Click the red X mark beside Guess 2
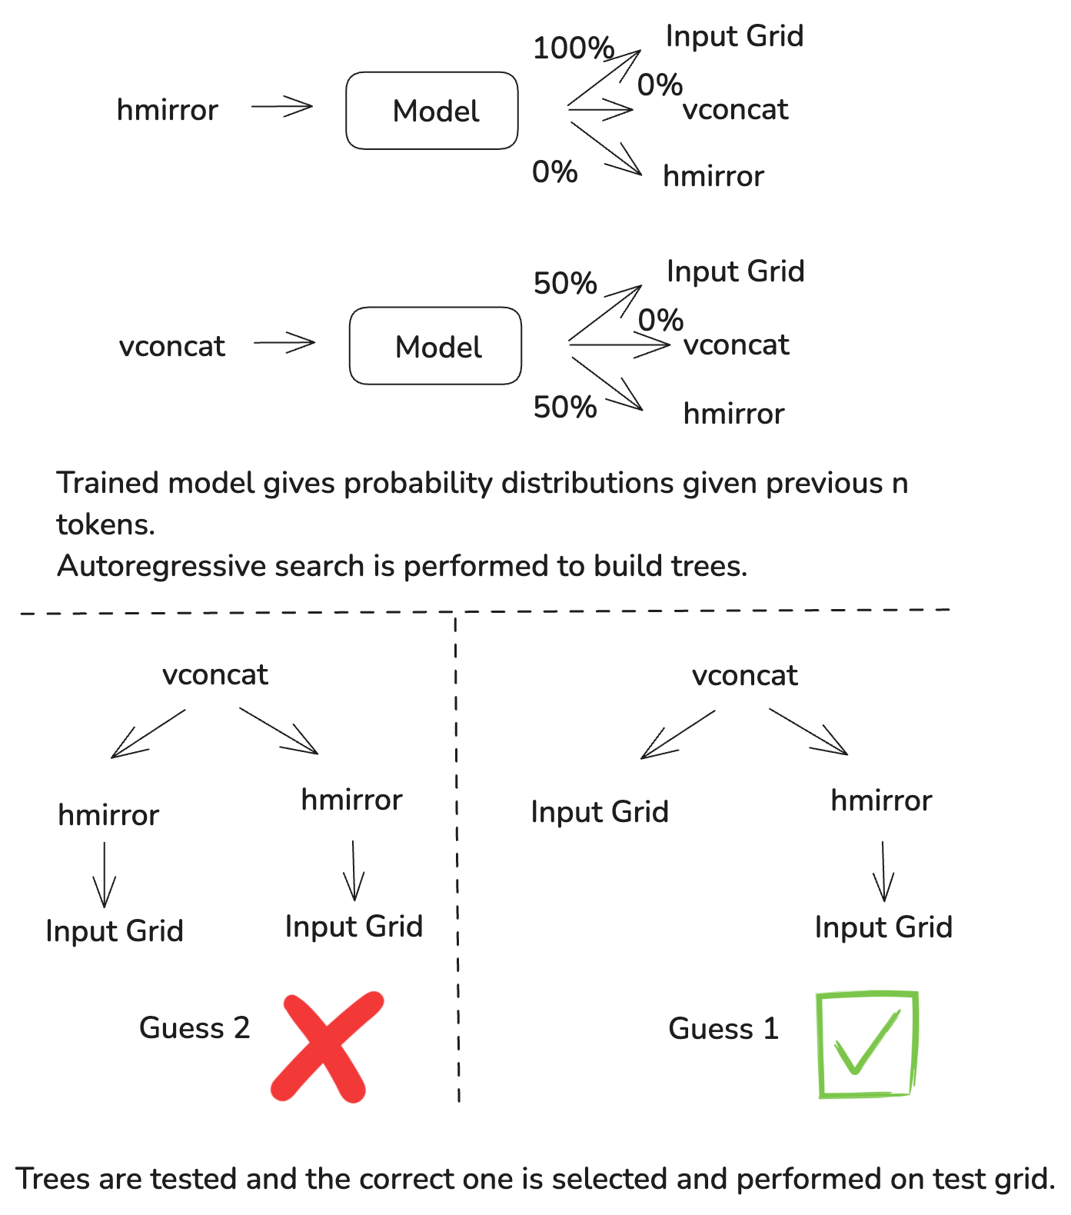327,1047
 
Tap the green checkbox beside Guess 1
866,1044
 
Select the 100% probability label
573,48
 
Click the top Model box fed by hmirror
432,111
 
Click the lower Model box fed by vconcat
435,346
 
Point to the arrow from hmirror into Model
281,107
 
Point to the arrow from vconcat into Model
284,342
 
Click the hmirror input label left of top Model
167,110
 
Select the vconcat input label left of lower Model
172,346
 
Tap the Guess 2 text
195,1028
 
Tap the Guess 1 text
723,1029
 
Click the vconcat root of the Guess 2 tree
215,674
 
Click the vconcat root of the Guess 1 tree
744,675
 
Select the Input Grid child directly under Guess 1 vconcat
600,812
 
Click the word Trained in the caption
108,483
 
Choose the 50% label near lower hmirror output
564,408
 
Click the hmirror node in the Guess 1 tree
881,801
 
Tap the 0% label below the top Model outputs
554,172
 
